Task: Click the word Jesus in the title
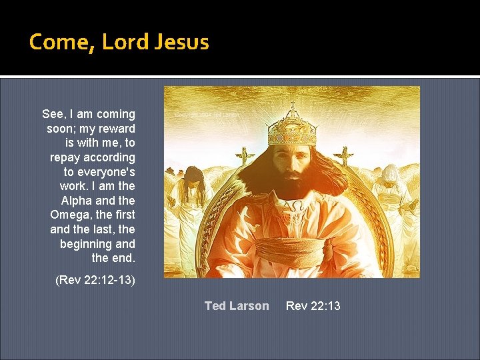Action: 181,42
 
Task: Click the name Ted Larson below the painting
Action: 237,306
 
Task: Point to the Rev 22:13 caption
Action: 313,306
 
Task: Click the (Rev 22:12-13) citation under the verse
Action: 95,280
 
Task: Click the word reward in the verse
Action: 117,129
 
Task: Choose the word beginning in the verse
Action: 87,244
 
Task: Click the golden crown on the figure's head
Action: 291,129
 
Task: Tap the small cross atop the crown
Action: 292,105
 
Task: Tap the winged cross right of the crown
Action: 344,156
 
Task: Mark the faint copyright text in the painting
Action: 207,115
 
